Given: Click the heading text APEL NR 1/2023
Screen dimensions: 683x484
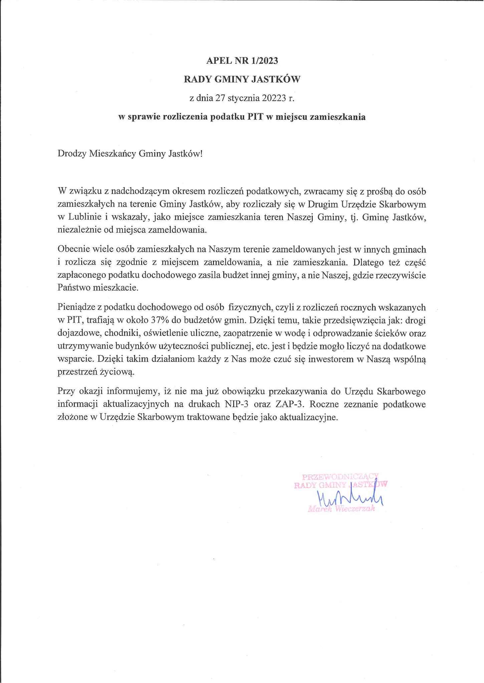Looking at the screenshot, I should pyautogui.click(x=242, y=60).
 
